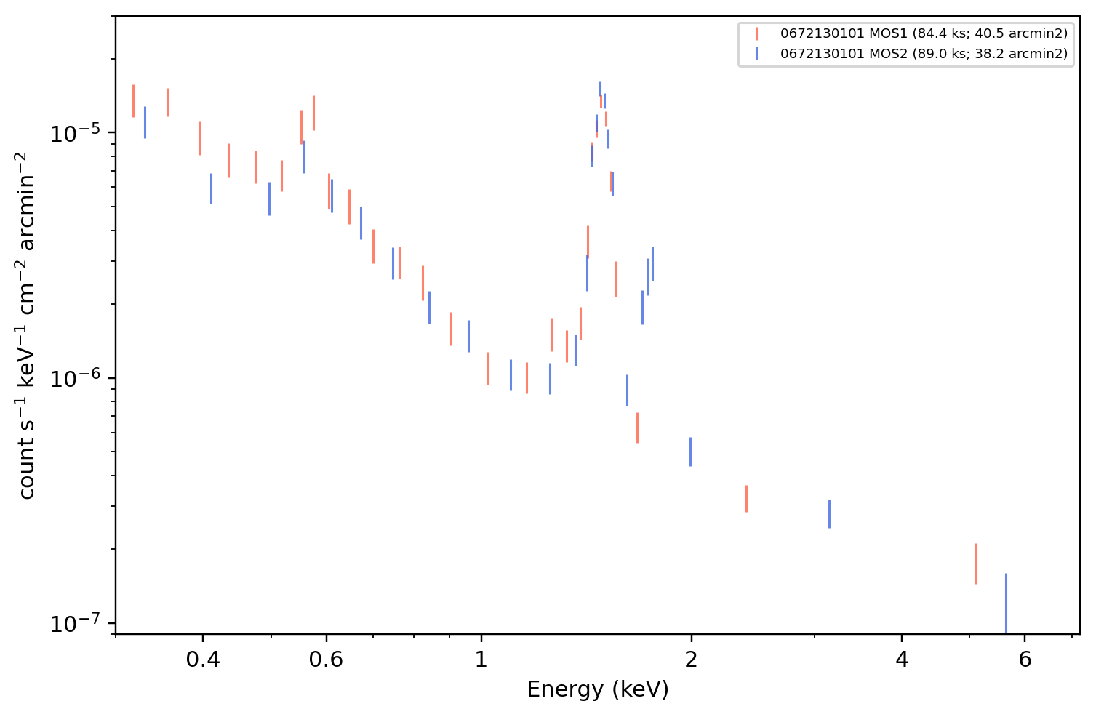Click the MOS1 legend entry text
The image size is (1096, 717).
(924, 33)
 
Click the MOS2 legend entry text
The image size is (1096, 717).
(924, 54)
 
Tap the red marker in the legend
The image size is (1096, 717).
(756, 33)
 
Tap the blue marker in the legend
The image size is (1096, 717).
(756, 54)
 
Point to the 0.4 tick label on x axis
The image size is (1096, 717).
(203, 660)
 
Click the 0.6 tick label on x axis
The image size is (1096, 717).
(326, 660)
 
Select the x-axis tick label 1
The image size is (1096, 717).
(481, 660)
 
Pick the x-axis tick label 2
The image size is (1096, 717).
(691, 660)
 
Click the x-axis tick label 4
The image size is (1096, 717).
(902, 660)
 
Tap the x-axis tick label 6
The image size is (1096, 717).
(1025, 660)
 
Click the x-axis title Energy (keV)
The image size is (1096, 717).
(597, 689)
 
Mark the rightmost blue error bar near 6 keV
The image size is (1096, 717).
(1006, 604)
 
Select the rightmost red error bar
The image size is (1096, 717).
(976, 564)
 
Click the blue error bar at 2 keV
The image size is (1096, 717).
(690, 452)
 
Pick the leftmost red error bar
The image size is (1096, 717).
(133, 101)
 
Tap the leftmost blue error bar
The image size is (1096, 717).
(145, 122)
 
